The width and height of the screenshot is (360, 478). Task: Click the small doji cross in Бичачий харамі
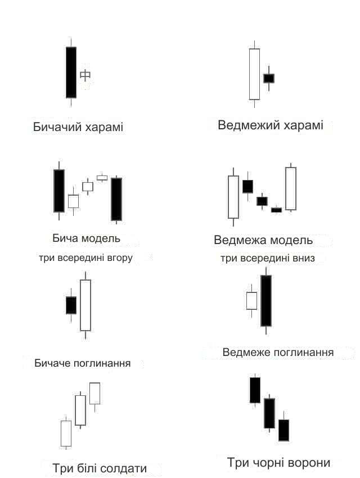click(85, 75)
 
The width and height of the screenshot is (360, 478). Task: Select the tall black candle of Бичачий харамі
click(71, 72)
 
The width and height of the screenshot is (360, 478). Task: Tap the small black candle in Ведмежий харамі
click(269, 78)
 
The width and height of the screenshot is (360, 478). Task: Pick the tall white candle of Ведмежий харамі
click(254, 74)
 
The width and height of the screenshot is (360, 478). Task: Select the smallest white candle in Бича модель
click(102, 177)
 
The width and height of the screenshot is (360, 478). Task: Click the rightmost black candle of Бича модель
click(116, 200)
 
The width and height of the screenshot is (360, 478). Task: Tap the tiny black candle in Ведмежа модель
click(277, 210)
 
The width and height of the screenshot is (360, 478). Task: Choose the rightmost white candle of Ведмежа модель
click(291, 188)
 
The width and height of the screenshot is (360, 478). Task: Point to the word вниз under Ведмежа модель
click(303, 258)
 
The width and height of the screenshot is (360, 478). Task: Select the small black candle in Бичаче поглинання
click(71, 305)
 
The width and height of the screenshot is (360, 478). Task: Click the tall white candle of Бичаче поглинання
click(85, 305)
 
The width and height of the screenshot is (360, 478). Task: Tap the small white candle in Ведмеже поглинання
click(251, 301)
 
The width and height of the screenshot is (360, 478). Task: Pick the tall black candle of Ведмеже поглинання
click(266, 301)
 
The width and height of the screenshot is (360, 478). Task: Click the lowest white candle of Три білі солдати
click(66, 433)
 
